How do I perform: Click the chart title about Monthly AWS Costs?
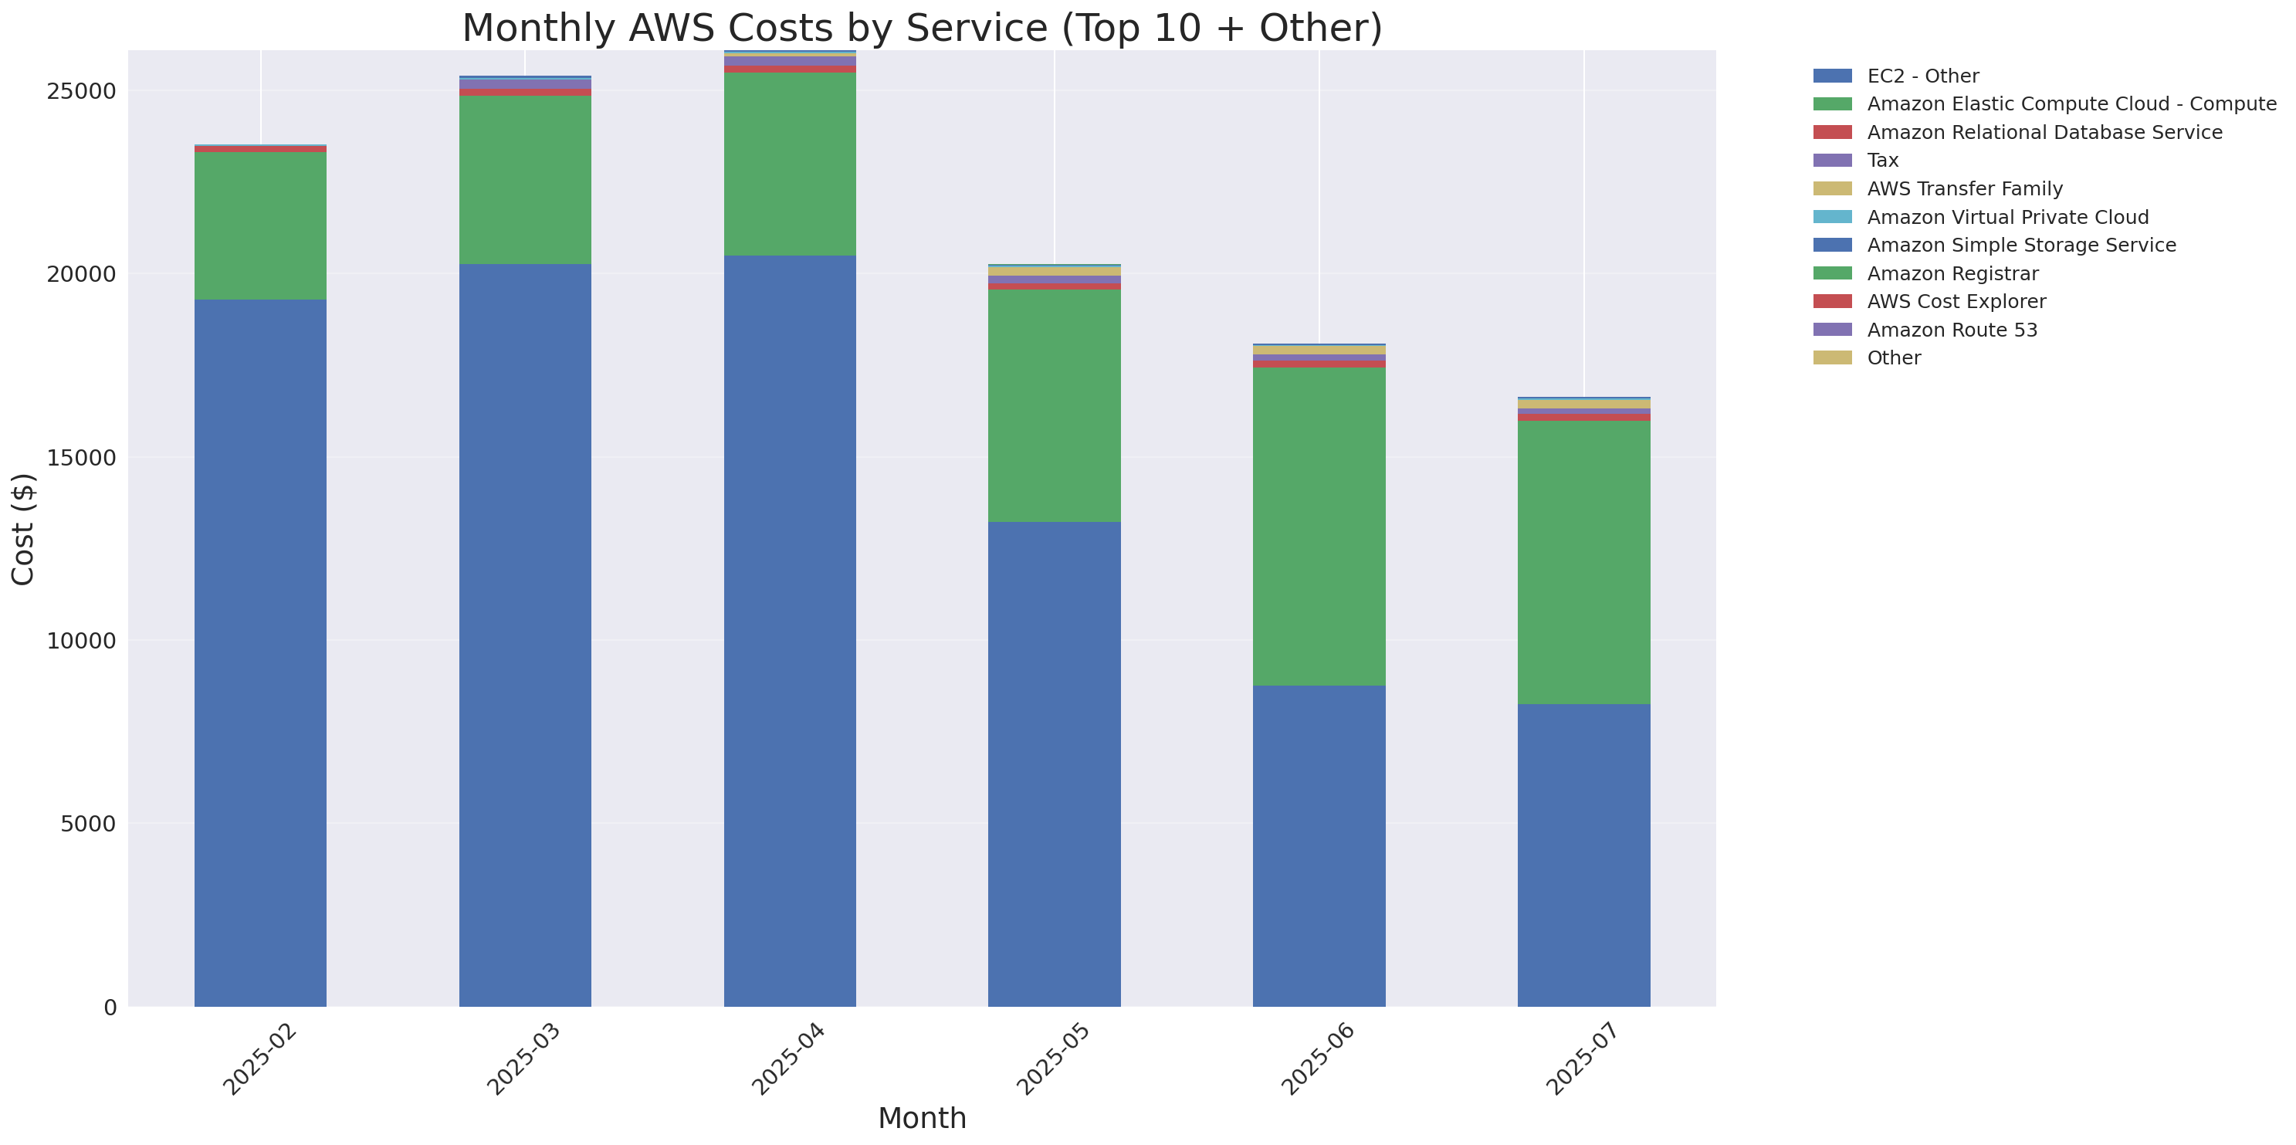922,28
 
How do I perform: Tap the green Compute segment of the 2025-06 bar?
1319,526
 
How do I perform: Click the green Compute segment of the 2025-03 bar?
525,179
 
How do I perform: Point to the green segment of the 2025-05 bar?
1054,405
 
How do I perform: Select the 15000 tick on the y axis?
81,458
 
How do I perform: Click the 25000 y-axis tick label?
81,92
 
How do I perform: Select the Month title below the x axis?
922,1117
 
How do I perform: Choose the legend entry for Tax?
1882,161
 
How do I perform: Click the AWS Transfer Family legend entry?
1965,189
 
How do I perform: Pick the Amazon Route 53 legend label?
1952,330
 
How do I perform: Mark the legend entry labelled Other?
1893,358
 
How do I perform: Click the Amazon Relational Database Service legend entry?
2044,133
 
